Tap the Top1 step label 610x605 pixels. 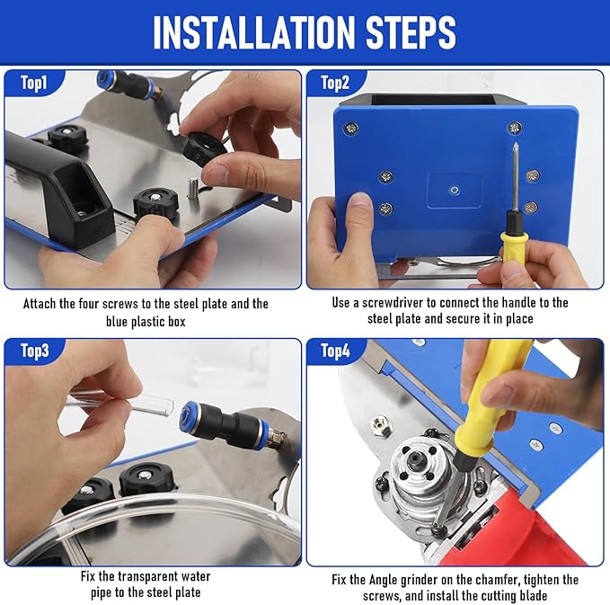(x=36, y=84)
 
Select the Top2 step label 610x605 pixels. (x=335, y=84)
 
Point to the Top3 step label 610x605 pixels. (x=36, y=351)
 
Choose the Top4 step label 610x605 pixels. (x=335, y=351)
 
